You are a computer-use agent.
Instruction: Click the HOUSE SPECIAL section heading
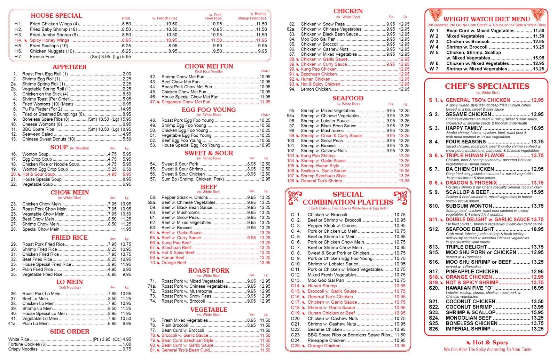tap(56, 16)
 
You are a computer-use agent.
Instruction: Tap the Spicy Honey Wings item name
tap(49, 40)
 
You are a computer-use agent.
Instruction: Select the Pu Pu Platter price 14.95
tap(125, 109)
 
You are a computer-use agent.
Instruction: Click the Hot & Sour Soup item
tap(38, 174)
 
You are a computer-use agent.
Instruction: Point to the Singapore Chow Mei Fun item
tap(186, 102)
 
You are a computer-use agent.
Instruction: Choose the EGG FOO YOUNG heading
tap(209, 110)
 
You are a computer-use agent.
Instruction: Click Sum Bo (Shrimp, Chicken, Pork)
tap(193, 179)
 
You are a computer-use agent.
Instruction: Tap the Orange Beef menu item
tap(174, 263)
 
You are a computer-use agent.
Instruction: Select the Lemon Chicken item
tap(315, 89)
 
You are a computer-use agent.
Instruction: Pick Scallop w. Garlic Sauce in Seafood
tap(323, 171)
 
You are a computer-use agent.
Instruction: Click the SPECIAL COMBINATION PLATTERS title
tap(348, 198)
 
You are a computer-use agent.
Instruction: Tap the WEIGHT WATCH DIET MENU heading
tap(486, 19)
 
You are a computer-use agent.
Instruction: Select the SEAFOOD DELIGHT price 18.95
tap(537, 229)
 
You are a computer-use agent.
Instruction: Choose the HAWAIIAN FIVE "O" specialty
tap(470, 288)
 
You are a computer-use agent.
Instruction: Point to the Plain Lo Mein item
tap(35, 323)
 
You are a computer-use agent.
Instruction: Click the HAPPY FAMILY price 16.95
tap(537, 128)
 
